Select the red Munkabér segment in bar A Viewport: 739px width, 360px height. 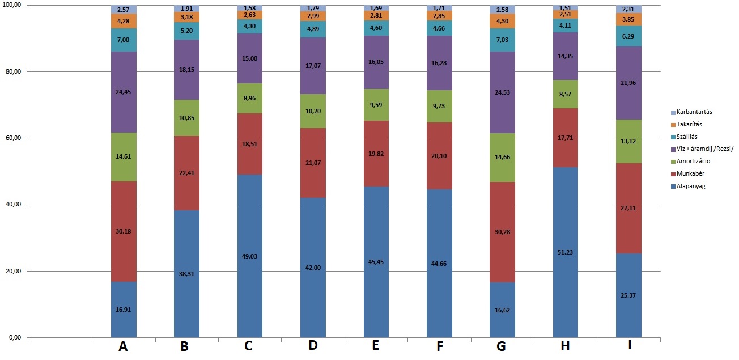(124, 231)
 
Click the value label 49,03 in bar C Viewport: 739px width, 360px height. (250, 256)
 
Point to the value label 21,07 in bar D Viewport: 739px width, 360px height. (313, 163)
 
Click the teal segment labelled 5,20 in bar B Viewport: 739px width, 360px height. (186, 31)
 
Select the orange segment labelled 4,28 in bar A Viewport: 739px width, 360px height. (124, 22)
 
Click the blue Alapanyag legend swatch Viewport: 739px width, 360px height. (672, 186)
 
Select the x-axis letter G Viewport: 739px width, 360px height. (500, 346)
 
